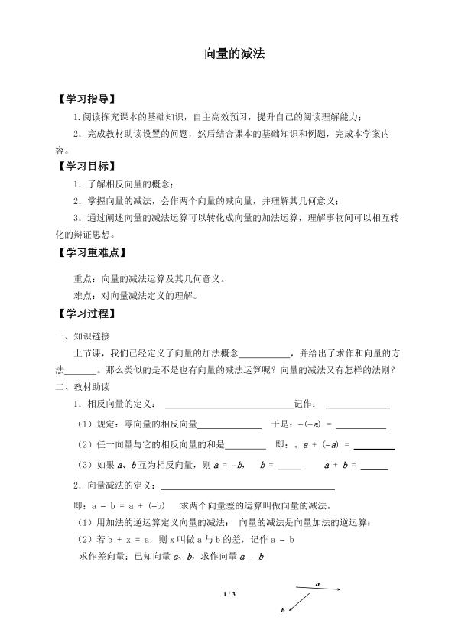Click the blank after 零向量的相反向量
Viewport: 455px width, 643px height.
tap(229, 427)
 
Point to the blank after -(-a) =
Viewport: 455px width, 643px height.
tap(360, 427)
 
